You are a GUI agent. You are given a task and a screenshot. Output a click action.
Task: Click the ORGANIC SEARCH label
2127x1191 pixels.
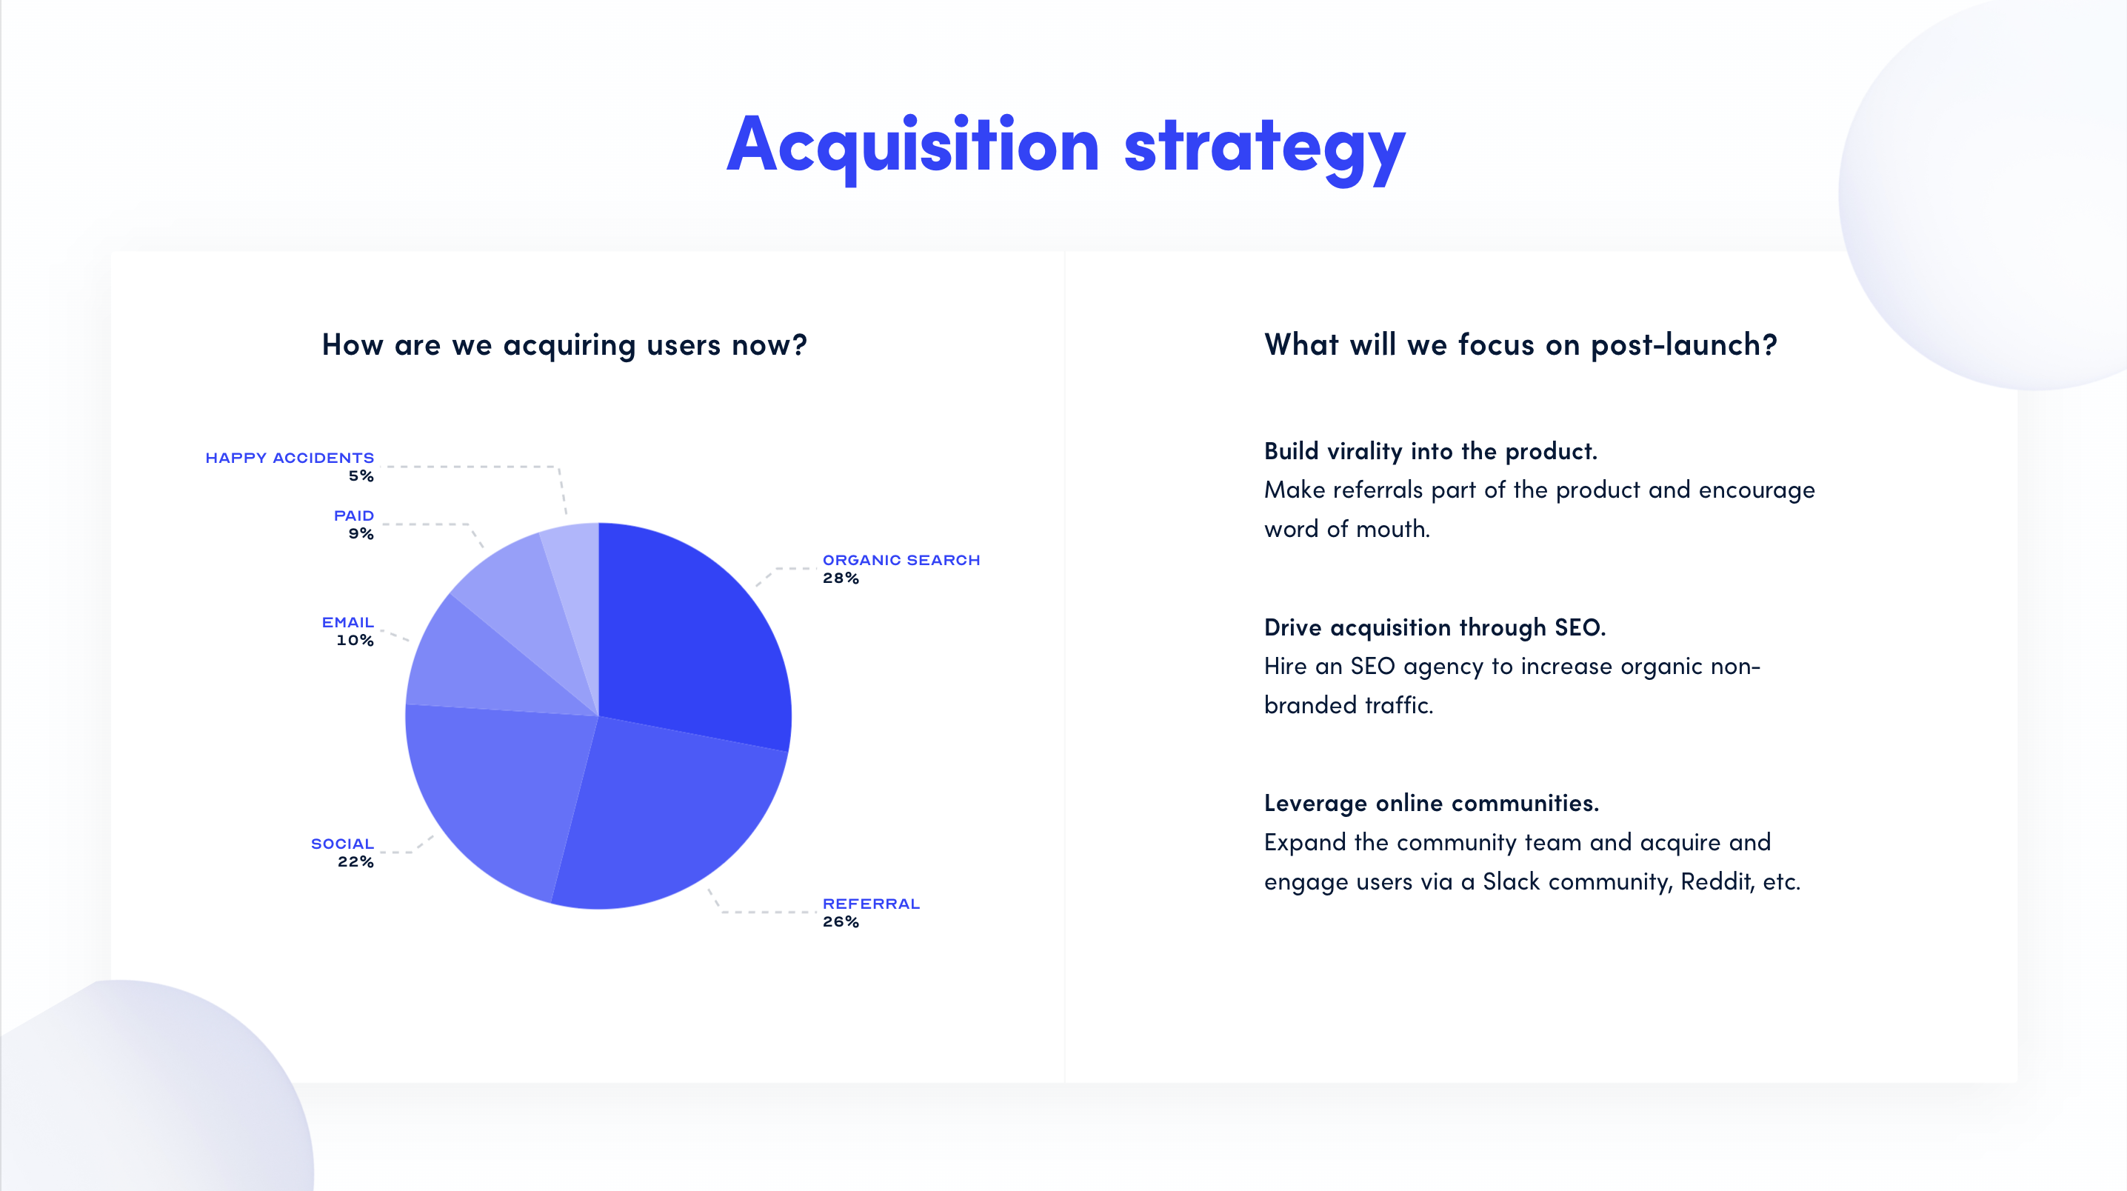[901, 560]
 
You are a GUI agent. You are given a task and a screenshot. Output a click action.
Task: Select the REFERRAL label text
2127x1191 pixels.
[870, 904]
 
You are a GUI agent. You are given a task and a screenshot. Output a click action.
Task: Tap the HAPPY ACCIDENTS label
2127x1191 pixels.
[289, 458]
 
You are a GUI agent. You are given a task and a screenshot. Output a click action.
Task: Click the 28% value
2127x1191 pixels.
[840, 578]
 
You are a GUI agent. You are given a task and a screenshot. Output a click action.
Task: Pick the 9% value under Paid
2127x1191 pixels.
[361, 533]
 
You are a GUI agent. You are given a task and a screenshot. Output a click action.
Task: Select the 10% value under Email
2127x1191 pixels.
[354, 640]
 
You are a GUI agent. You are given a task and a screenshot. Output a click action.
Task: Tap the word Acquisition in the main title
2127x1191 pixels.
[912, 147]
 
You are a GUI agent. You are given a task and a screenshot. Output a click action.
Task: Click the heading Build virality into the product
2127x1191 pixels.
[1430, 451]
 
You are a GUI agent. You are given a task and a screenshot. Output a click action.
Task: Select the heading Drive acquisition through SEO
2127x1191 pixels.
[1435, 627]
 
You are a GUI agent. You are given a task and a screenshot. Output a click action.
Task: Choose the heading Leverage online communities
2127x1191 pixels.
[1431, 803]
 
